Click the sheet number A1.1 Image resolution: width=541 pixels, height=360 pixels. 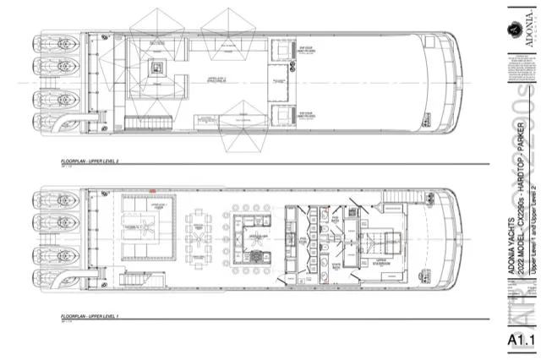tap(522, 341)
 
